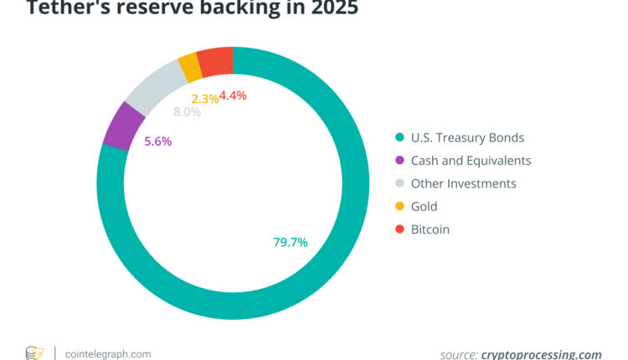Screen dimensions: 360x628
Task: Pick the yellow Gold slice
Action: [189, 66]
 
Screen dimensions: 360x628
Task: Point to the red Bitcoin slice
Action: [215, 60]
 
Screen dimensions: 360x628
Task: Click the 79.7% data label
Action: [291, 242]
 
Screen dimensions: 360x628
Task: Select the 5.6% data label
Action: [157, 141]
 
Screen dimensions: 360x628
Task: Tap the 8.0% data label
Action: [187, 112]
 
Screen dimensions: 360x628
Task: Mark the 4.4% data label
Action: [233, 95]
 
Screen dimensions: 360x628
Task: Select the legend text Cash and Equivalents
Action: [470, 160]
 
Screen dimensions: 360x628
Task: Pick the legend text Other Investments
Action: [462, 183]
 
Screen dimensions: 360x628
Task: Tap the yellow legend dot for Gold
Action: [399, 206]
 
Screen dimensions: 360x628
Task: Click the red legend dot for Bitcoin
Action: [399, 229]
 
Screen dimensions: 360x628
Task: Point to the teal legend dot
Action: [399, 137]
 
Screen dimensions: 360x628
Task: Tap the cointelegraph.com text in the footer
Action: [108, 353]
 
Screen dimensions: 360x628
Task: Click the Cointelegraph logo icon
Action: [34, 353]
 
